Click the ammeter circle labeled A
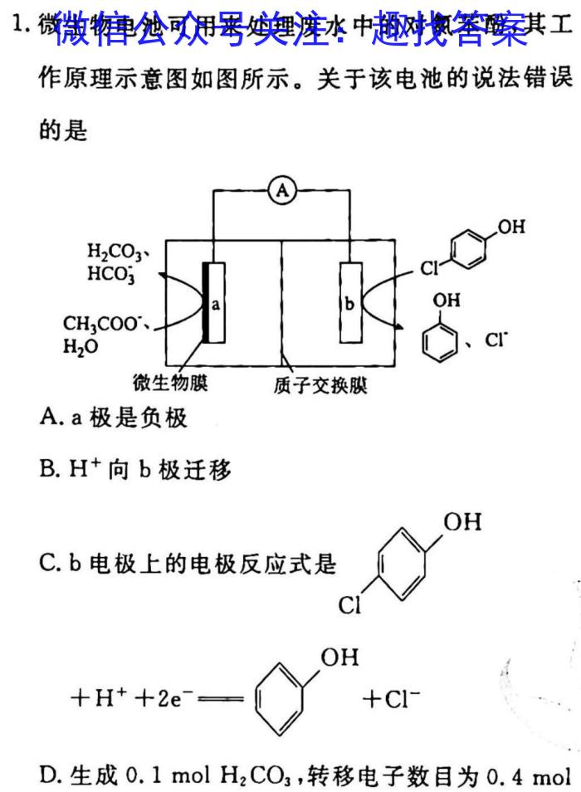[x=282, y=192]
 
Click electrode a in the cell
[x=214, y=304]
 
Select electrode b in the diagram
[x=350, y=304]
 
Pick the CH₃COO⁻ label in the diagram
[x=95, y=325]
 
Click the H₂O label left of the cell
[x=80, y=346]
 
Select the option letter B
[x=48, y=471]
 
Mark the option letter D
[x=48, y=778]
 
